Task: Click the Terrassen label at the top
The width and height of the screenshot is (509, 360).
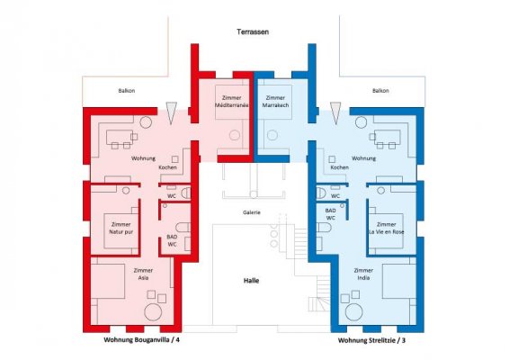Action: (x=253, y=31)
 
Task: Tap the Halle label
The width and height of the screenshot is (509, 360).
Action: (x=251, y=281)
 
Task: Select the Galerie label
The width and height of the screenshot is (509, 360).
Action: (x=252, y=212)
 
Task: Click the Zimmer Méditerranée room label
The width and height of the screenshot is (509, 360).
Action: (x=232, y=102)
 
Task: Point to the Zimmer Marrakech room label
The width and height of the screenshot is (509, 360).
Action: (x=275, y=102)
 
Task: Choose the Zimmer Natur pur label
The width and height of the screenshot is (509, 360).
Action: (x=121, y=228)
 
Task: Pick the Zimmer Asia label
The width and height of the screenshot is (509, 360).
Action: (x=143, y=274)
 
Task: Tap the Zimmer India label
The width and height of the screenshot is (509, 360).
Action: (x=363, y=274)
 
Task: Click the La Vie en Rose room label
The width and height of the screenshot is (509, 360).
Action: (x=387, y=228)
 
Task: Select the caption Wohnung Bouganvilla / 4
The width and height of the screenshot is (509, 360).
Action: (x=141, y=340)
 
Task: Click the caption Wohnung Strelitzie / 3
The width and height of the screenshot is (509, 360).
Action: (x=371, y=340)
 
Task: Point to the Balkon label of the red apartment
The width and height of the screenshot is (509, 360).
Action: (x=127, y=91)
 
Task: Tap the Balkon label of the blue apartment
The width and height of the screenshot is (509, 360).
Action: (x=380, y=91)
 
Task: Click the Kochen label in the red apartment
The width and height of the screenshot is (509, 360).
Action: (x=168, y=167)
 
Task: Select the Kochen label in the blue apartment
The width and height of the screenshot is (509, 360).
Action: (x=340, y=167)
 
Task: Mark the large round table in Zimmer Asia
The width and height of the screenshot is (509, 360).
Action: (x=153, y=312)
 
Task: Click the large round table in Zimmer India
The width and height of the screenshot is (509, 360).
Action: (x=354, y=312)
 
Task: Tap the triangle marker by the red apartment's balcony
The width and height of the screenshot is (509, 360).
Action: (x=171, y=112)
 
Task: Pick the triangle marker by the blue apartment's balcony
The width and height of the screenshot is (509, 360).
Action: (x=335, y=112)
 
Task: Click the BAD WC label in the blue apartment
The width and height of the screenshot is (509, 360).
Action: (x=330, y=214)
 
